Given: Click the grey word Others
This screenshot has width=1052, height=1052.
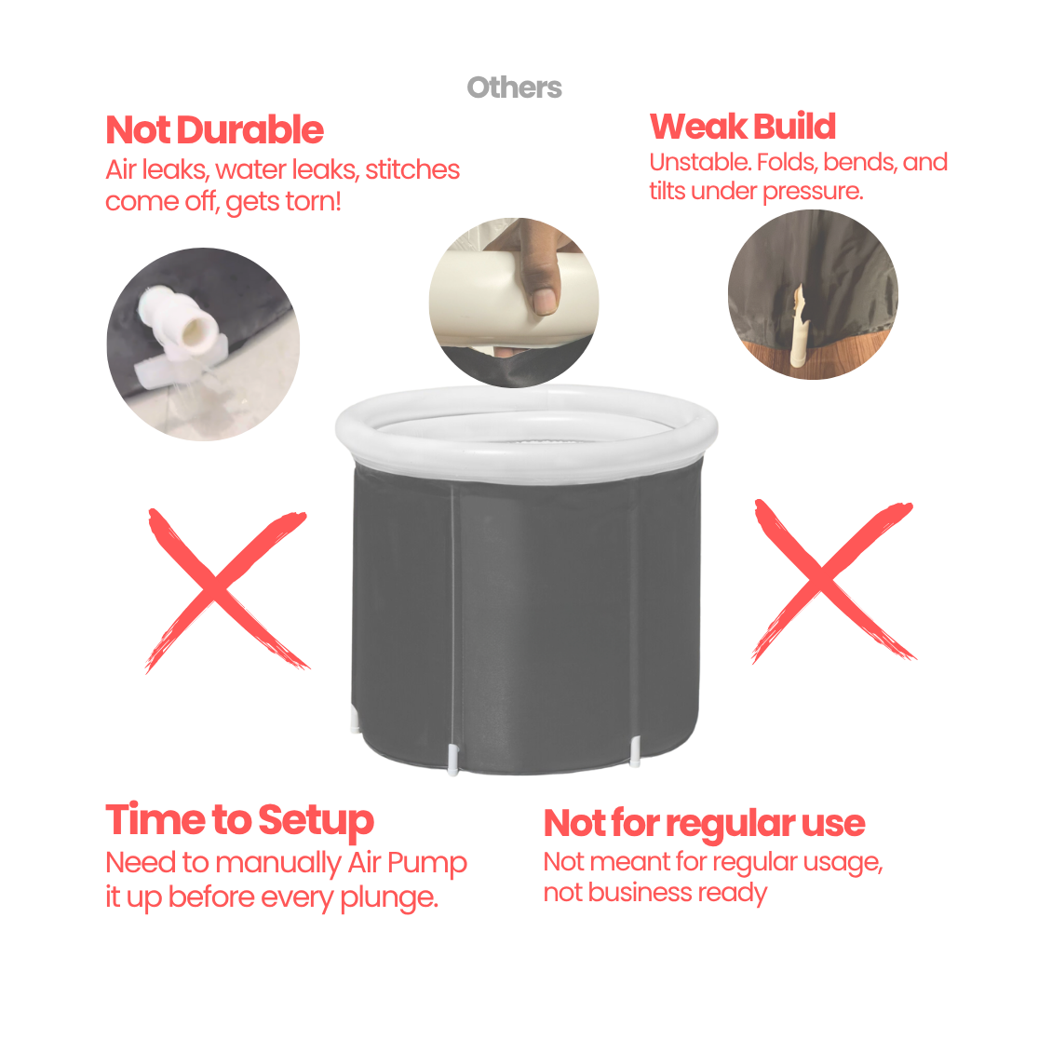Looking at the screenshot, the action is (515, 88).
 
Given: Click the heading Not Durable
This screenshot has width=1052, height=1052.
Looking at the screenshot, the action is (215, 130).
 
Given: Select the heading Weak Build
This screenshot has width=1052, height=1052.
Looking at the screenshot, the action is (743, 126).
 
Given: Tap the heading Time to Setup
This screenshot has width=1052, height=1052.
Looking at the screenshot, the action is (239, 820).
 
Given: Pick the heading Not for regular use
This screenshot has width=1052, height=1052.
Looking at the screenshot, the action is (705, 824).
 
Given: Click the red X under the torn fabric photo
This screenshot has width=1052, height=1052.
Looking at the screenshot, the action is (832, 581).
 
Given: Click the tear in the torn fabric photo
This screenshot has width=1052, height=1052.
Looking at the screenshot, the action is (799, 326).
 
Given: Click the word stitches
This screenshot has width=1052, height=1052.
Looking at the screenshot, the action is (411, 169).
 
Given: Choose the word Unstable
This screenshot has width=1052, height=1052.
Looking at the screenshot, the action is (700, 162).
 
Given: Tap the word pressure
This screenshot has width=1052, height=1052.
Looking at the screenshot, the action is (813, 192).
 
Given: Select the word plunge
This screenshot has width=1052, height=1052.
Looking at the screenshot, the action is (389, 898).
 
